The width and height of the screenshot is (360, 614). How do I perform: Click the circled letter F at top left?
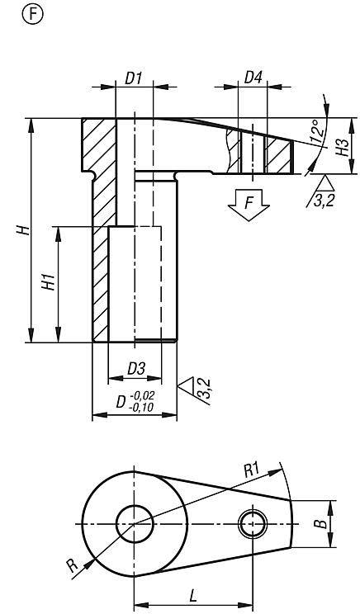[x=33, y=14]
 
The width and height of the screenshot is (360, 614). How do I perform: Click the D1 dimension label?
[x=134, y=78]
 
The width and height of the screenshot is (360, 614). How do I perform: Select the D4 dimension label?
[x=253, y=78]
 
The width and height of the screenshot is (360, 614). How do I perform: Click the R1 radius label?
[x=252, y=470]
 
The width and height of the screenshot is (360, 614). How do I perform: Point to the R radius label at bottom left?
[x=72, y=568]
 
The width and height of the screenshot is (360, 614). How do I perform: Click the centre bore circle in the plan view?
[x=134, y=522]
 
